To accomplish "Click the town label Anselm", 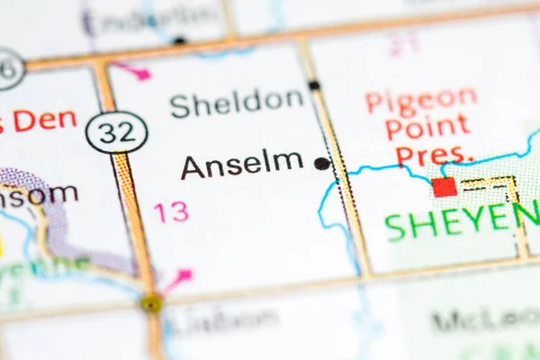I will tap(241, 164).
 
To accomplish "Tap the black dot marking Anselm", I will tap(321, 164).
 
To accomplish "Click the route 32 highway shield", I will tap(117, 131).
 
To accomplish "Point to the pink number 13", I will tap(170, 212).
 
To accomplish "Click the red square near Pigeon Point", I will tap(444, 186).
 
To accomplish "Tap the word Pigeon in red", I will tap(421, 99).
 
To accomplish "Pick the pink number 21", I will tap(404, 43).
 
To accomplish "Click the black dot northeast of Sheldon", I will tap(314, 85).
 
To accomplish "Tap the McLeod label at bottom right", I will tap(486, 319).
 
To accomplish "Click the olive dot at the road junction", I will tap(151, 302).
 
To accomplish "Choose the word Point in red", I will tap(427, 127).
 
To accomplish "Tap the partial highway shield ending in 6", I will tap(9, 68).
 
